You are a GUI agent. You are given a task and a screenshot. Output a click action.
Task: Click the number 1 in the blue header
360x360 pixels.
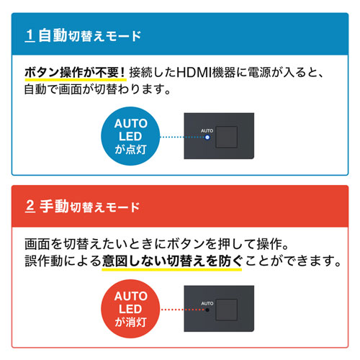pos(30,35)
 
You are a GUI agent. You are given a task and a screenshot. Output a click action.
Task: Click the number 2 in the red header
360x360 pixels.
pos(30,207)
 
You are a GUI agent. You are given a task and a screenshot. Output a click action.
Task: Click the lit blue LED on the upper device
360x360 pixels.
pos(207,136)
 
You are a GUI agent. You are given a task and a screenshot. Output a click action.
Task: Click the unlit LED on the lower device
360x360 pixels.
pos(207,311)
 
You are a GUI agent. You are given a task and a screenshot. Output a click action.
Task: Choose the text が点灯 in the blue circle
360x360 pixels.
pos(131,149)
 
